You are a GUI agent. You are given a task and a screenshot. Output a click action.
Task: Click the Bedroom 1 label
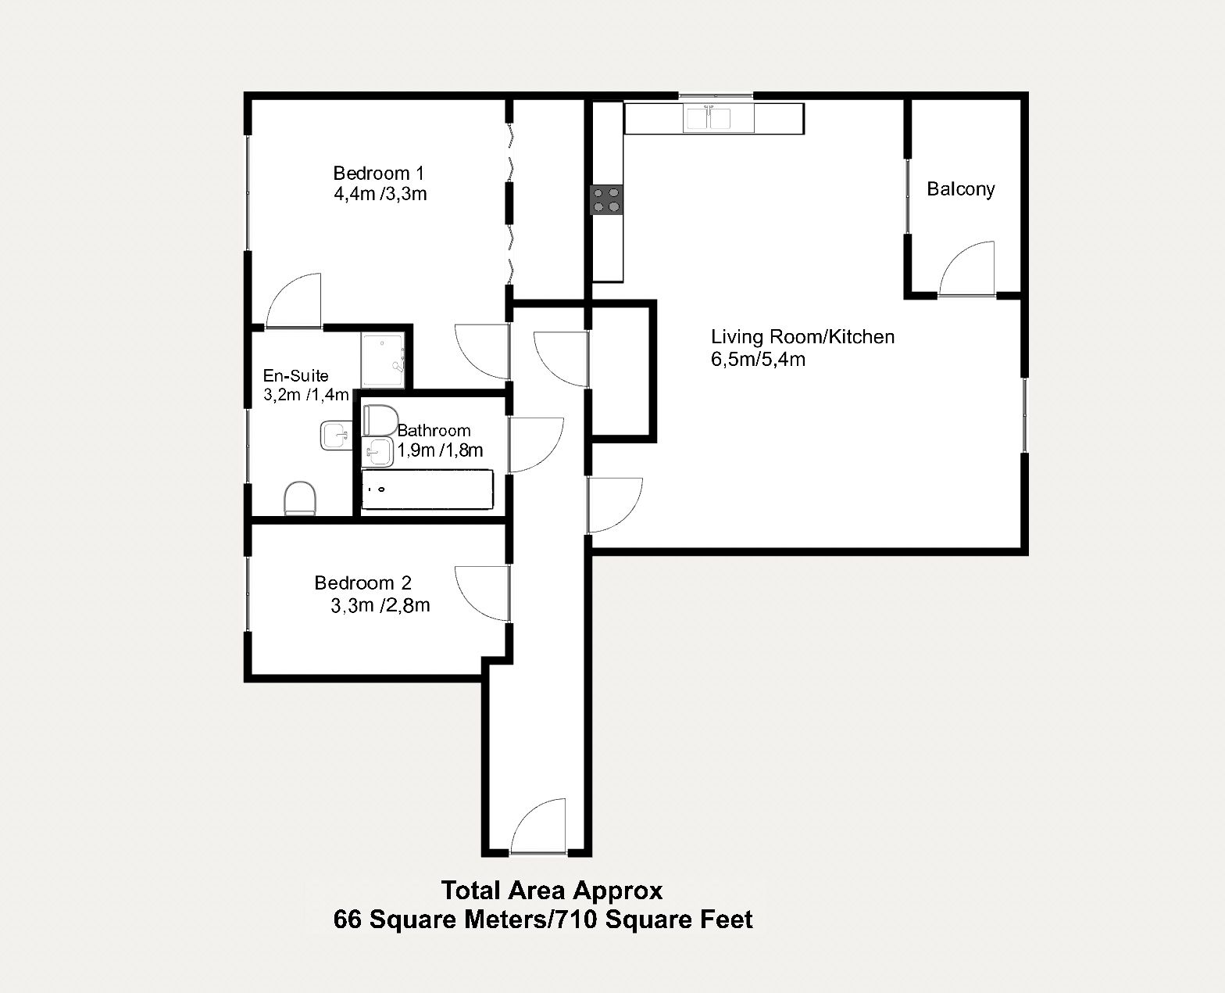pos(378,173)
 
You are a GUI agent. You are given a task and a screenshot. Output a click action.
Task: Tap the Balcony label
pos(960,189)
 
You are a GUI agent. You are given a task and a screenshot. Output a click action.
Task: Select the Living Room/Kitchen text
pos(802,337)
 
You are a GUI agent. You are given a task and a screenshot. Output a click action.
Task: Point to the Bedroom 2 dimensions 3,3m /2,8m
pos(380,605)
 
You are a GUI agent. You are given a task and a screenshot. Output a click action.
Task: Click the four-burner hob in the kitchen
pos(607,199)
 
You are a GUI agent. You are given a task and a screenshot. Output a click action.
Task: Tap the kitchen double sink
pos(708,118)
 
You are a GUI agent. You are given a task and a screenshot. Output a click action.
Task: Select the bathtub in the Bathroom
pos(427,489)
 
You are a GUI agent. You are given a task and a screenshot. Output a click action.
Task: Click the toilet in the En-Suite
pos(299,498)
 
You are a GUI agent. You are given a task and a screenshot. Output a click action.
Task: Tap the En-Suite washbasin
pos(336,436)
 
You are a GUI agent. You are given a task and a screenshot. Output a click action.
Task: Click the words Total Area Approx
pos(552,891)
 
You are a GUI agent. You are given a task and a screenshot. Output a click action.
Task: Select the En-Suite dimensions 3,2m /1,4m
pos(306,394)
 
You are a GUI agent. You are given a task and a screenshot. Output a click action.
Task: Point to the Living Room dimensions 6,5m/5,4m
pos(758,360)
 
